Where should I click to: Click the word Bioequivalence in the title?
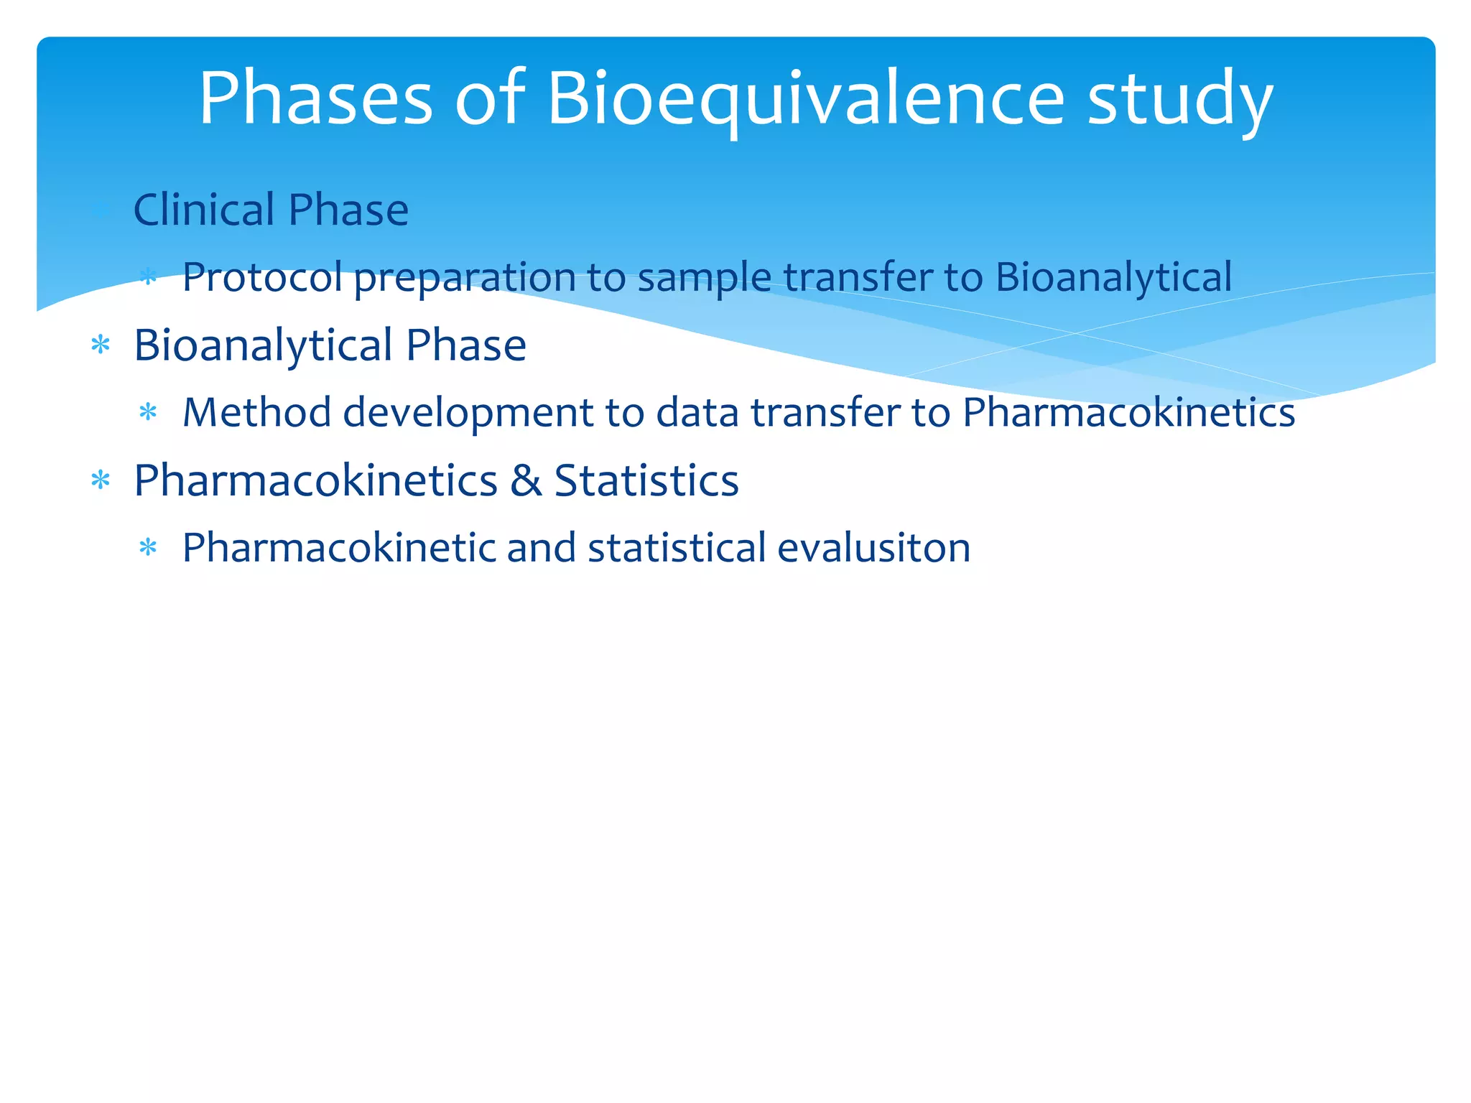pyautogui.click(x=805, y=99)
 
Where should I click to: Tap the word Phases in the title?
pyautogui.click(x=315, y=99)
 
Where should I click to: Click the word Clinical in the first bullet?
pyautogui.click(x=204, y=210)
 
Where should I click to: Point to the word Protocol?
pyautogui.click(x=262, y=277)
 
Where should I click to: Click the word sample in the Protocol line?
pyautogui.click(x=704, y=279)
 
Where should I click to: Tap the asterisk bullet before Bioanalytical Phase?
pyautogui.click(x=101, y=346)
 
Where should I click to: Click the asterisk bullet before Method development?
pyautogui.click(x=148, y=413)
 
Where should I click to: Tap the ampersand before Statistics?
pyautogui.click(x=526, y=480)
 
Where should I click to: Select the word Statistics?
pyautogui.click(x=646, y=480)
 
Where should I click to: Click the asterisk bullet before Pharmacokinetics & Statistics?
pyautogui.click(x=101, y=480)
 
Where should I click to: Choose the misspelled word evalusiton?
pyautogui.click(x=873, y=548)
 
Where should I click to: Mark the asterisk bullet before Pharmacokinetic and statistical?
pyautogui.click(x=148, y=549)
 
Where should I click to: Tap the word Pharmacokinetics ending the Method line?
pyautogui.click(x=1128, y=412)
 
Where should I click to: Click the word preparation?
pyautogui.click(x=465, y=279)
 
